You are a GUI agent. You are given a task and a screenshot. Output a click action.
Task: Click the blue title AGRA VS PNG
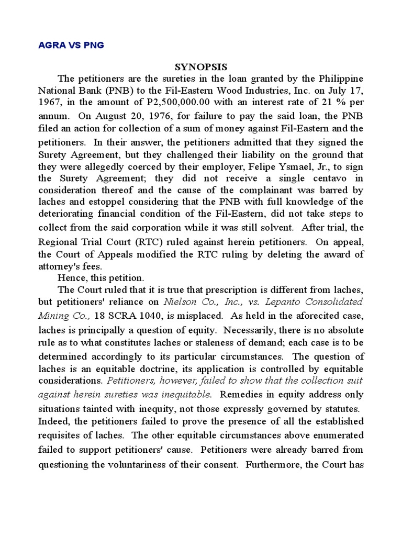71,45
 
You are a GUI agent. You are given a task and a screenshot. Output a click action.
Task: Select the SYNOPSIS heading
201,66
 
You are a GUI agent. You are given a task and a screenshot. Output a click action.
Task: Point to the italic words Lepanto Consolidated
315,303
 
